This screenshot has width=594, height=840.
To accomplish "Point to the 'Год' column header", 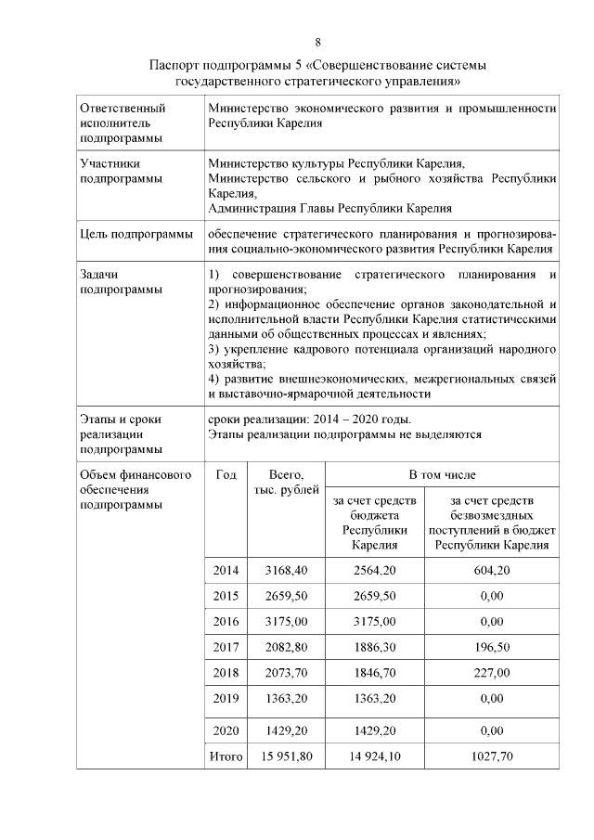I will tap(226, 474).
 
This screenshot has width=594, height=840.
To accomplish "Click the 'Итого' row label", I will tap(226, 756).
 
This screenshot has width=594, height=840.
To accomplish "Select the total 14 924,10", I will tap(375, 756).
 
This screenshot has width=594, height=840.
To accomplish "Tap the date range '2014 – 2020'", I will tap(342, 420).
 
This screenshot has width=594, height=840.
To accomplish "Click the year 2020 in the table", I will tap(226, 730).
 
